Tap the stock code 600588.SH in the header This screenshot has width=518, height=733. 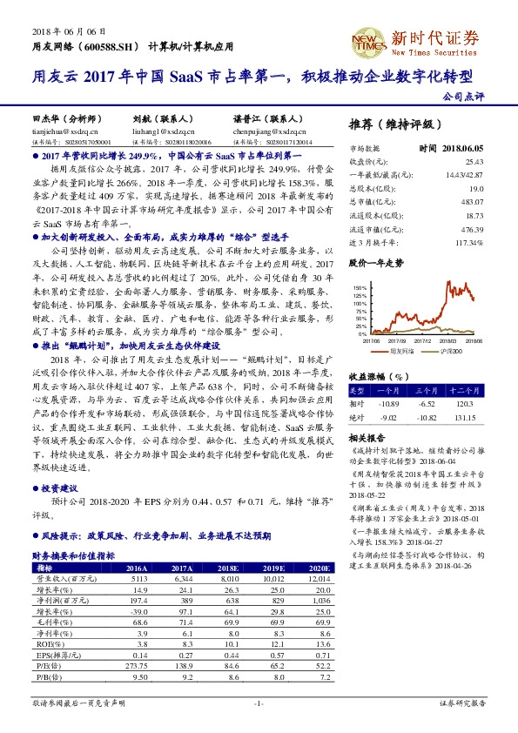[x=109, y=46]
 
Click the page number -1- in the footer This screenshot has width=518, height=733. [x=259, y=702]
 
